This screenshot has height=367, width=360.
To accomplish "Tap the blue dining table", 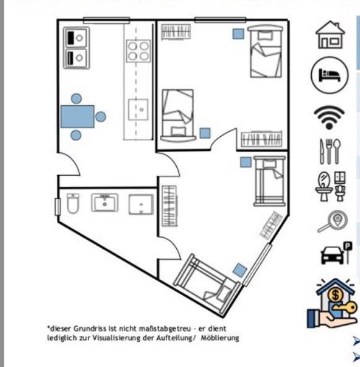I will [77, 116].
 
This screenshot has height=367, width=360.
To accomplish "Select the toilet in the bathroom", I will [73, 204].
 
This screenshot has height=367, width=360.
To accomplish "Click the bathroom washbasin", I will [105, 202].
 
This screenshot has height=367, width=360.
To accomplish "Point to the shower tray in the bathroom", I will [141, 204].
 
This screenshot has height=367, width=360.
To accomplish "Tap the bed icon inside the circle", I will [325, 74].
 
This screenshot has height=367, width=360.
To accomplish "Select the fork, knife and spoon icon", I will [329, 151].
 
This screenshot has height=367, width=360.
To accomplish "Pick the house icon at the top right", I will [329, 35].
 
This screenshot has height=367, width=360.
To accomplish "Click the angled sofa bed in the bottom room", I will [206, 282].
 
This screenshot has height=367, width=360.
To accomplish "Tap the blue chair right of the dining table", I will [101, 116].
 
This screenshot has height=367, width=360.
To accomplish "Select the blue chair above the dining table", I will [76, 98].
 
